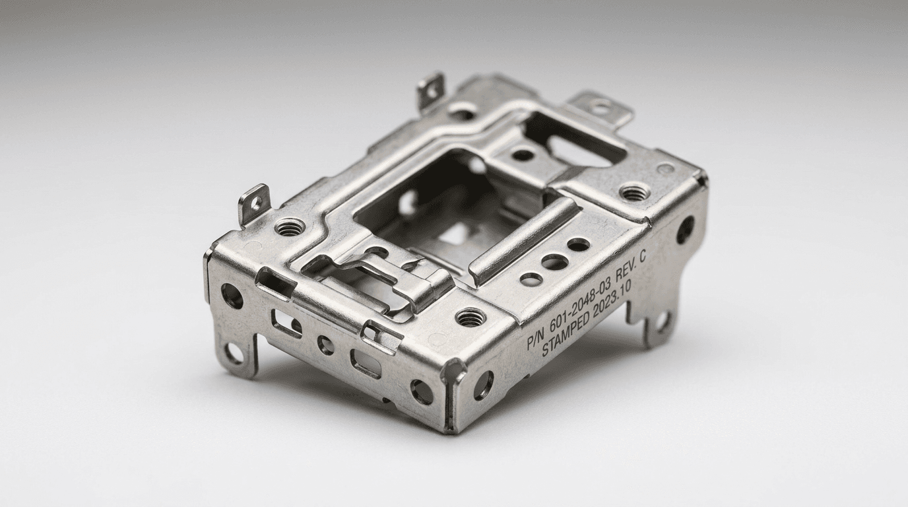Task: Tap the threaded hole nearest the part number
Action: [470, 317]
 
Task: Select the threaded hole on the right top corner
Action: [634, 192]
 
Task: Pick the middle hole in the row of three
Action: [554, 261]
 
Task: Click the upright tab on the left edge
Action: [254, 204]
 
